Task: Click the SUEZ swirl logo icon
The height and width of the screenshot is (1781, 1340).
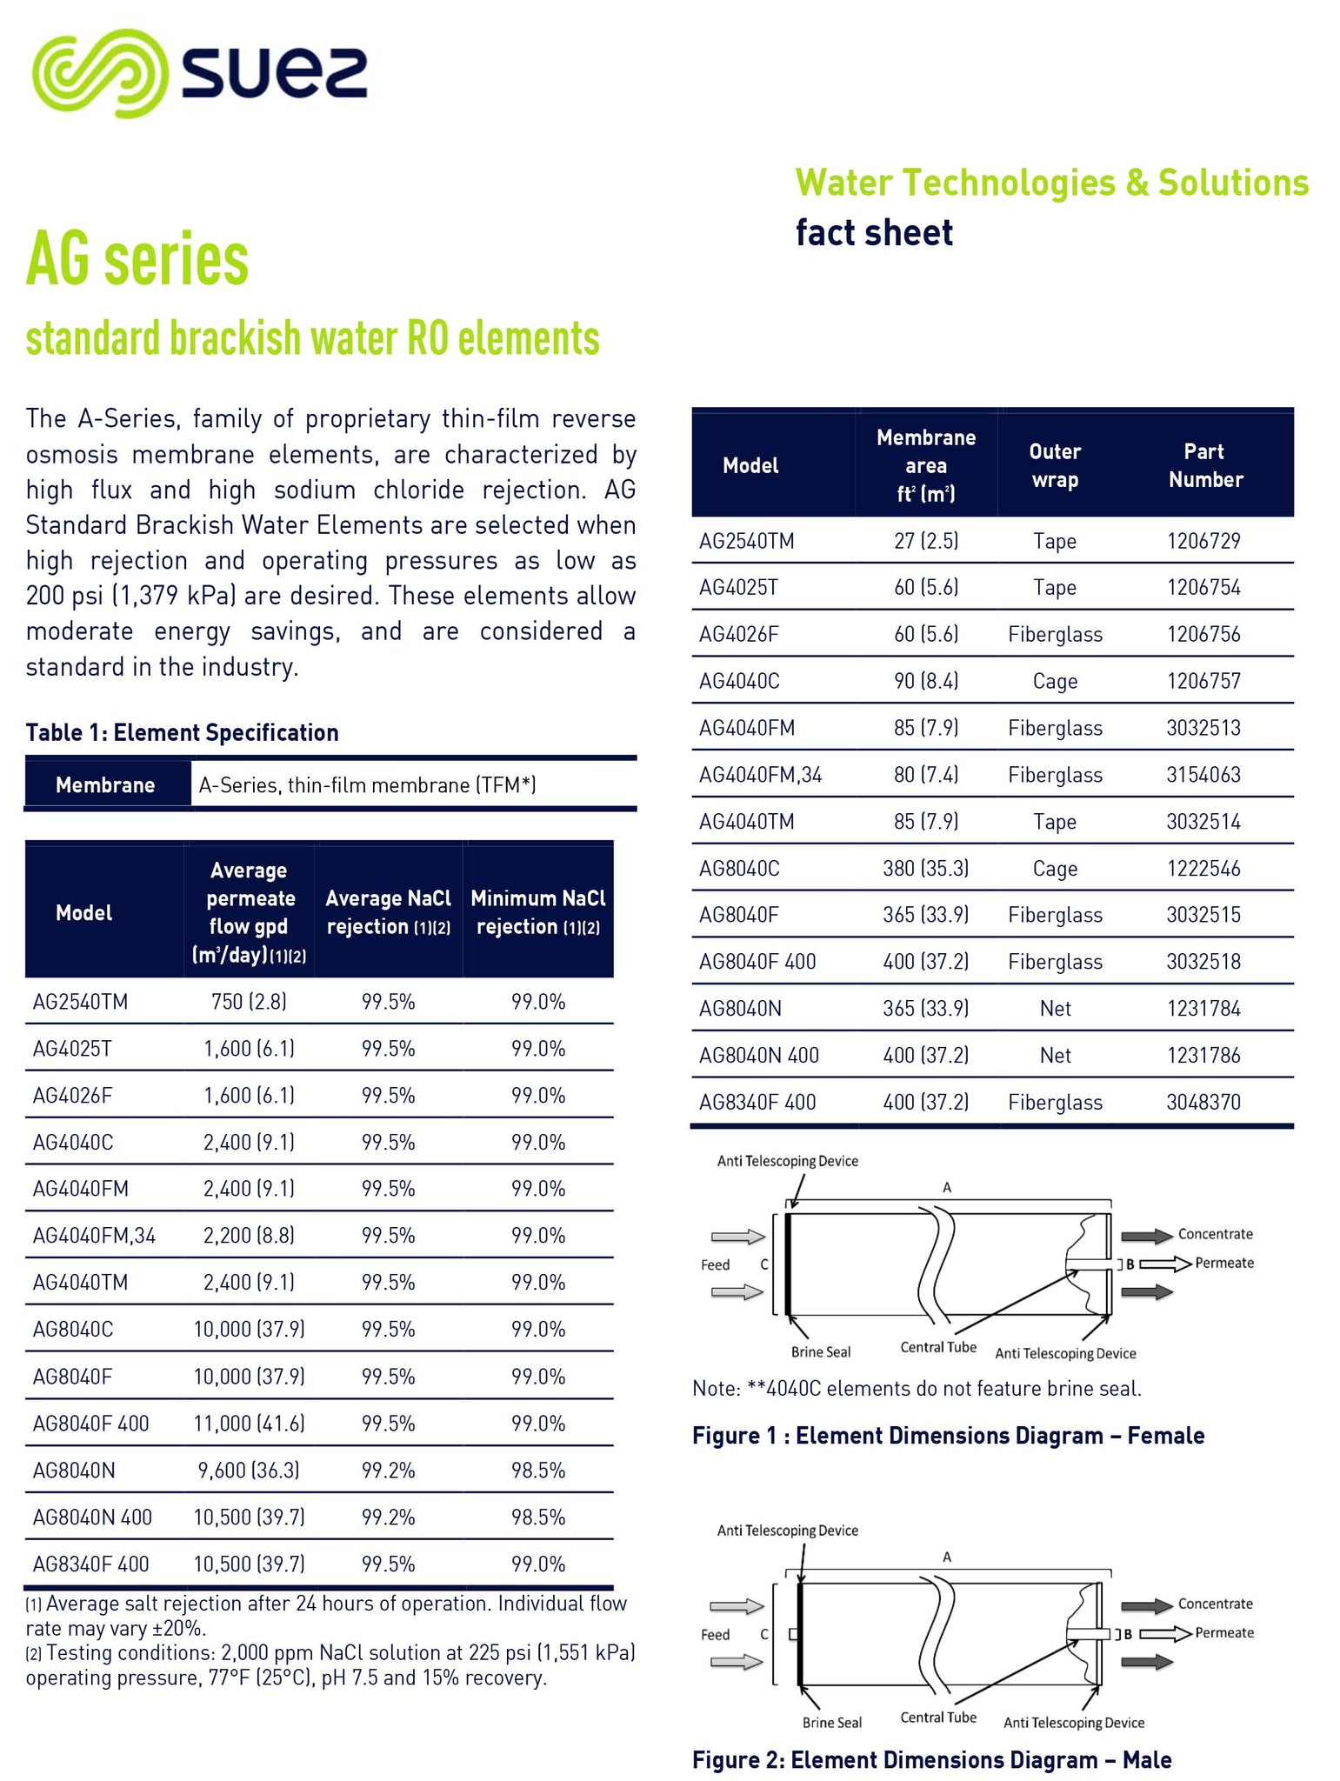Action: pyautogui.click(x=99, y=73)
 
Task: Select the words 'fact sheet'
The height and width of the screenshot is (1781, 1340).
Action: pyautogui.click(x=874, y=233)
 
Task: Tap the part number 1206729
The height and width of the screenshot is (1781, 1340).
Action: pyautogui.click(x=1203, y=541)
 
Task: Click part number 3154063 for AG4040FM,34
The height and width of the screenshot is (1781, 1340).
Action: pyautogui.click(x=1203, y=775)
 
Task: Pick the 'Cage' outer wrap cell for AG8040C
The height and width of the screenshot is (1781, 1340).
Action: pyautogui.click(x=1055, y=869)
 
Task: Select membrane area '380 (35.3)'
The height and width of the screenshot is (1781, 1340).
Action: pyautogui.click(x=925, y=869)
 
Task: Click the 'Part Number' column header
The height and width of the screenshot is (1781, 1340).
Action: pyautogui.click(x=1204, y=465)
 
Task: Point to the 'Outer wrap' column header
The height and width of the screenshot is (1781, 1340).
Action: pyautogui.click(x=1055, y=465)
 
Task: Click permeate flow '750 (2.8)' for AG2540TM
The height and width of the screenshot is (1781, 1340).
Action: pyautogui.click(x=249, y=1002)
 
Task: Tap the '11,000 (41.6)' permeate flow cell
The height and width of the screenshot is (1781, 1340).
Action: pyautogui.click(x=249, y=1424)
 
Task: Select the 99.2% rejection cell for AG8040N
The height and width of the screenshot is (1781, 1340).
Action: pyautogui.click(x=388, y=1471)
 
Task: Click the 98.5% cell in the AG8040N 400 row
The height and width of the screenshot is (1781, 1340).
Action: pyautogui.click(x=538, y=1518)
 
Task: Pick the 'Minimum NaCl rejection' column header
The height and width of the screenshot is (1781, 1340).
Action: pyautogui.click(x=538, y=912)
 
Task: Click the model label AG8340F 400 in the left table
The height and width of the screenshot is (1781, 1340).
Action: pyautogui.click(x=91, y=1564)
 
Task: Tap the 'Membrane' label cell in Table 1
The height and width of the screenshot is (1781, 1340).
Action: pyautogui.click(x=105, y=785)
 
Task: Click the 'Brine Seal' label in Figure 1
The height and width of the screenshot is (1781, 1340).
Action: pyautogui.click(x=821, y=1352)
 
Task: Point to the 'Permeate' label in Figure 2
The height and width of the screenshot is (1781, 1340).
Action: pyautogui.click(x=1223, y=1633)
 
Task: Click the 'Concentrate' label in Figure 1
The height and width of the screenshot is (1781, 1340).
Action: pyautogui.click(x=1215, y=1234)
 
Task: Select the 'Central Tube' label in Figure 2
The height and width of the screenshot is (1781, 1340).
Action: pyautogui.click(x=938, y=1718)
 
